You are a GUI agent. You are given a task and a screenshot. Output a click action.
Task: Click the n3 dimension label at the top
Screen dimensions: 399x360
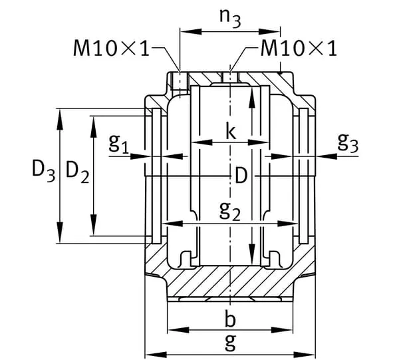[230, 19]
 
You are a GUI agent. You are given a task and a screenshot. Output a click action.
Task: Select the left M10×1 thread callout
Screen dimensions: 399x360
[111, 48]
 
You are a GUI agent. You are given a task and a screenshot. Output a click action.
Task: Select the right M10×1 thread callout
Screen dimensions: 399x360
[299, 48]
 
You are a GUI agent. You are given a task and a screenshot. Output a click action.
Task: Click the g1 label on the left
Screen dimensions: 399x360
[119, 143]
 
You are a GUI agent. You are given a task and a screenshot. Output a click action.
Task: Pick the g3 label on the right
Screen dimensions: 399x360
[348, 142]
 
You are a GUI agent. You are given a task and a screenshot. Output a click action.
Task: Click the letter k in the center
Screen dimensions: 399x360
[231, 130]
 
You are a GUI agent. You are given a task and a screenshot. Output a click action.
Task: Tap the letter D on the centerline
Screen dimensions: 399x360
[241, 176]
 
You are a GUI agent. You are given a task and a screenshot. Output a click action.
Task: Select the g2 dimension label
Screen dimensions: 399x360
[230, 211]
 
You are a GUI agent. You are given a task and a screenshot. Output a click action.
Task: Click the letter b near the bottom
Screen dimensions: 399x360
[230, 319]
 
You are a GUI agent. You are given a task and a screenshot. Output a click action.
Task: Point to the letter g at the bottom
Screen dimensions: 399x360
[231, 343]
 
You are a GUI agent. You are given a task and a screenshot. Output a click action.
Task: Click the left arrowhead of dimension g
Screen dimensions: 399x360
[156, 355]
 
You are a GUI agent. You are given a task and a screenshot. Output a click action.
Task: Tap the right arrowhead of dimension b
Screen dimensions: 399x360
[283, 330]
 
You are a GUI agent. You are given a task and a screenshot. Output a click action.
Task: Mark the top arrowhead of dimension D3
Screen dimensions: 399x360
[60, 119]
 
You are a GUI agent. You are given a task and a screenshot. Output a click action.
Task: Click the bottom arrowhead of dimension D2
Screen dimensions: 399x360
[94, 225]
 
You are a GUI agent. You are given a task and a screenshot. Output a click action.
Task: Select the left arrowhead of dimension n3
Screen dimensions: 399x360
[191, 31]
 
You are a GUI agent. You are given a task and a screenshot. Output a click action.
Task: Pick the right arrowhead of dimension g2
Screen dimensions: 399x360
[287, 224]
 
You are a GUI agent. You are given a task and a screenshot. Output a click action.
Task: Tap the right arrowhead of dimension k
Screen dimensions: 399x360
[259, 142]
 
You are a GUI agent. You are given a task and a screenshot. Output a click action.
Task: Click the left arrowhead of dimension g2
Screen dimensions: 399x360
[172, 224]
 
